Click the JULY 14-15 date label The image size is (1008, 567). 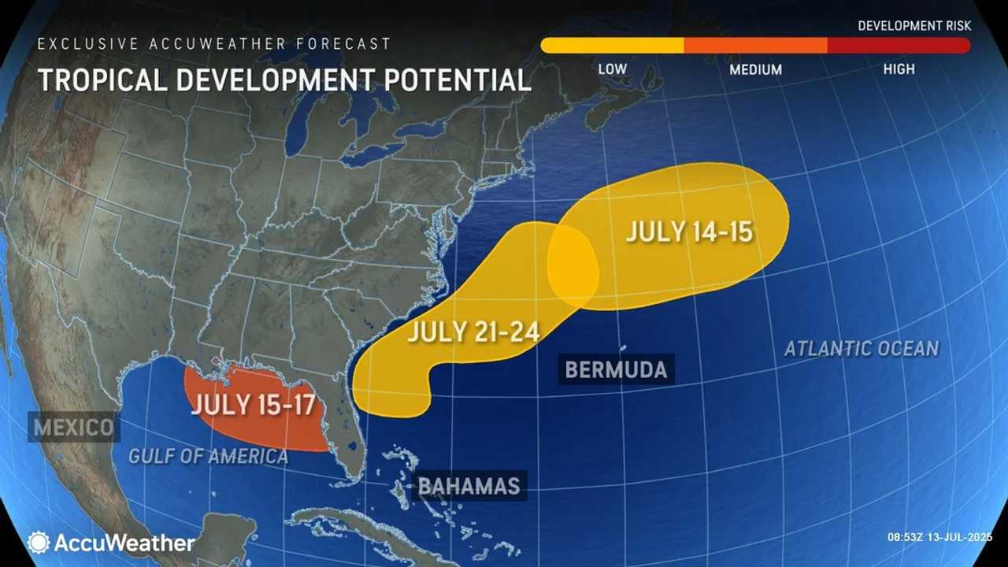(x=690, y=232)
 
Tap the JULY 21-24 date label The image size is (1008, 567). (x=473, y=332)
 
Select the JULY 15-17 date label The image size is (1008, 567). (x=253, y=406)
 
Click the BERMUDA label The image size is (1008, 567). (x=616, y=369)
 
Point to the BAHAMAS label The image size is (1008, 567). (x=469, y=485)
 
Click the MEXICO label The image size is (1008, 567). (x=73, y=428)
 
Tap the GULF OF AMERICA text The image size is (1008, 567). (x=209, y=456)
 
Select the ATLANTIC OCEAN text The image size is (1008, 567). (x=862, y=348)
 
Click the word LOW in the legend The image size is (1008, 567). (x=612, y=69)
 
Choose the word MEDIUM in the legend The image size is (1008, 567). (x=755, y=69)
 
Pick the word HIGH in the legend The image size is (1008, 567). (x=899, y=69)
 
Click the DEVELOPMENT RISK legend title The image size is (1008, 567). (x=914, y=26)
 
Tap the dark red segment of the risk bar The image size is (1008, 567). (x=899, y=46)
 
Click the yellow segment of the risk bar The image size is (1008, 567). (x=613, y=46)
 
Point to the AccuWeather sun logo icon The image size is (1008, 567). (x=38, y=542)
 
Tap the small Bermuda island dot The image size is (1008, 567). (x=623, y=347)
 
